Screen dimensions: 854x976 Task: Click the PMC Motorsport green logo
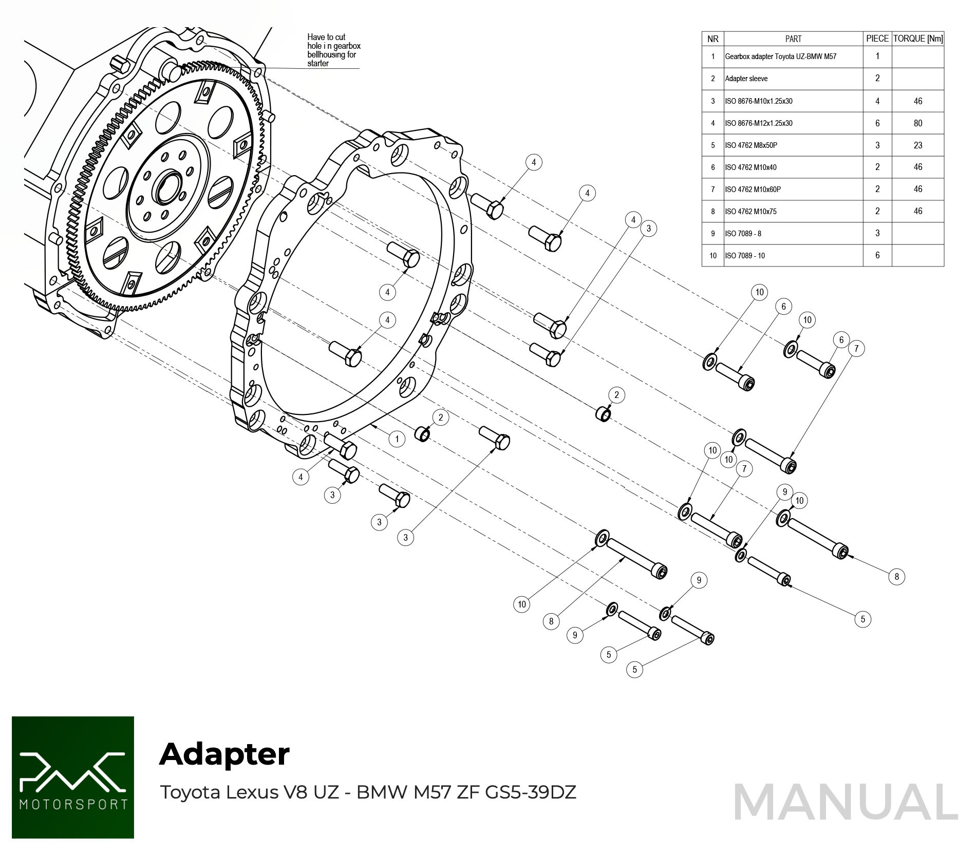tap(73, 777)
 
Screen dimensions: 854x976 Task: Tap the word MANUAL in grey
tap(845, 802)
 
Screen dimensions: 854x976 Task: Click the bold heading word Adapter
tap(224, 754)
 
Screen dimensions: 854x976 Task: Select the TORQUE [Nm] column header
tap(917, 39)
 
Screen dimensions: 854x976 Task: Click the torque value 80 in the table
tap(917, 123)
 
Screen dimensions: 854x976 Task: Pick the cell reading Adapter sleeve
tap(746, 79)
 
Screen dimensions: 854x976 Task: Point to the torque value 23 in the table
tap(917, 145)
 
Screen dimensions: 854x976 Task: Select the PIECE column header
tap(877, 39)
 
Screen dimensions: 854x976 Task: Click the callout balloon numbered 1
tap(397, 439)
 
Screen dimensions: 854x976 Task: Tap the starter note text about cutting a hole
tap(333, 50)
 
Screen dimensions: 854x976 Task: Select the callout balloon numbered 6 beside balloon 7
tap(841, 339)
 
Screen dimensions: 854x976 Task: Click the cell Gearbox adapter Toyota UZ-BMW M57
tap(780, 56)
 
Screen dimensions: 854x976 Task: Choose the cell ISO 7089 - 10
tap(744, 255)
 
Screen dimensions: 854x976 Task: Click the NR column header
tap(712, 39)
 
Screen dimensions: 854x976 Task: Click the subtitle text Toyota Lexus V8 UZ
tap(249, 792)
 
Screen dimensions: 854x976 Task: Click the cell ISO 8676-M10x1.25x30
tap(758, 101)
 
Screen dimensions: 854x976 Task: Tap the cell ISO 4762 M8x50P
tap(750, 145)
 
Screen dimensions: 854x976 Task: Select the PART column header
tap(793, 39)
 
